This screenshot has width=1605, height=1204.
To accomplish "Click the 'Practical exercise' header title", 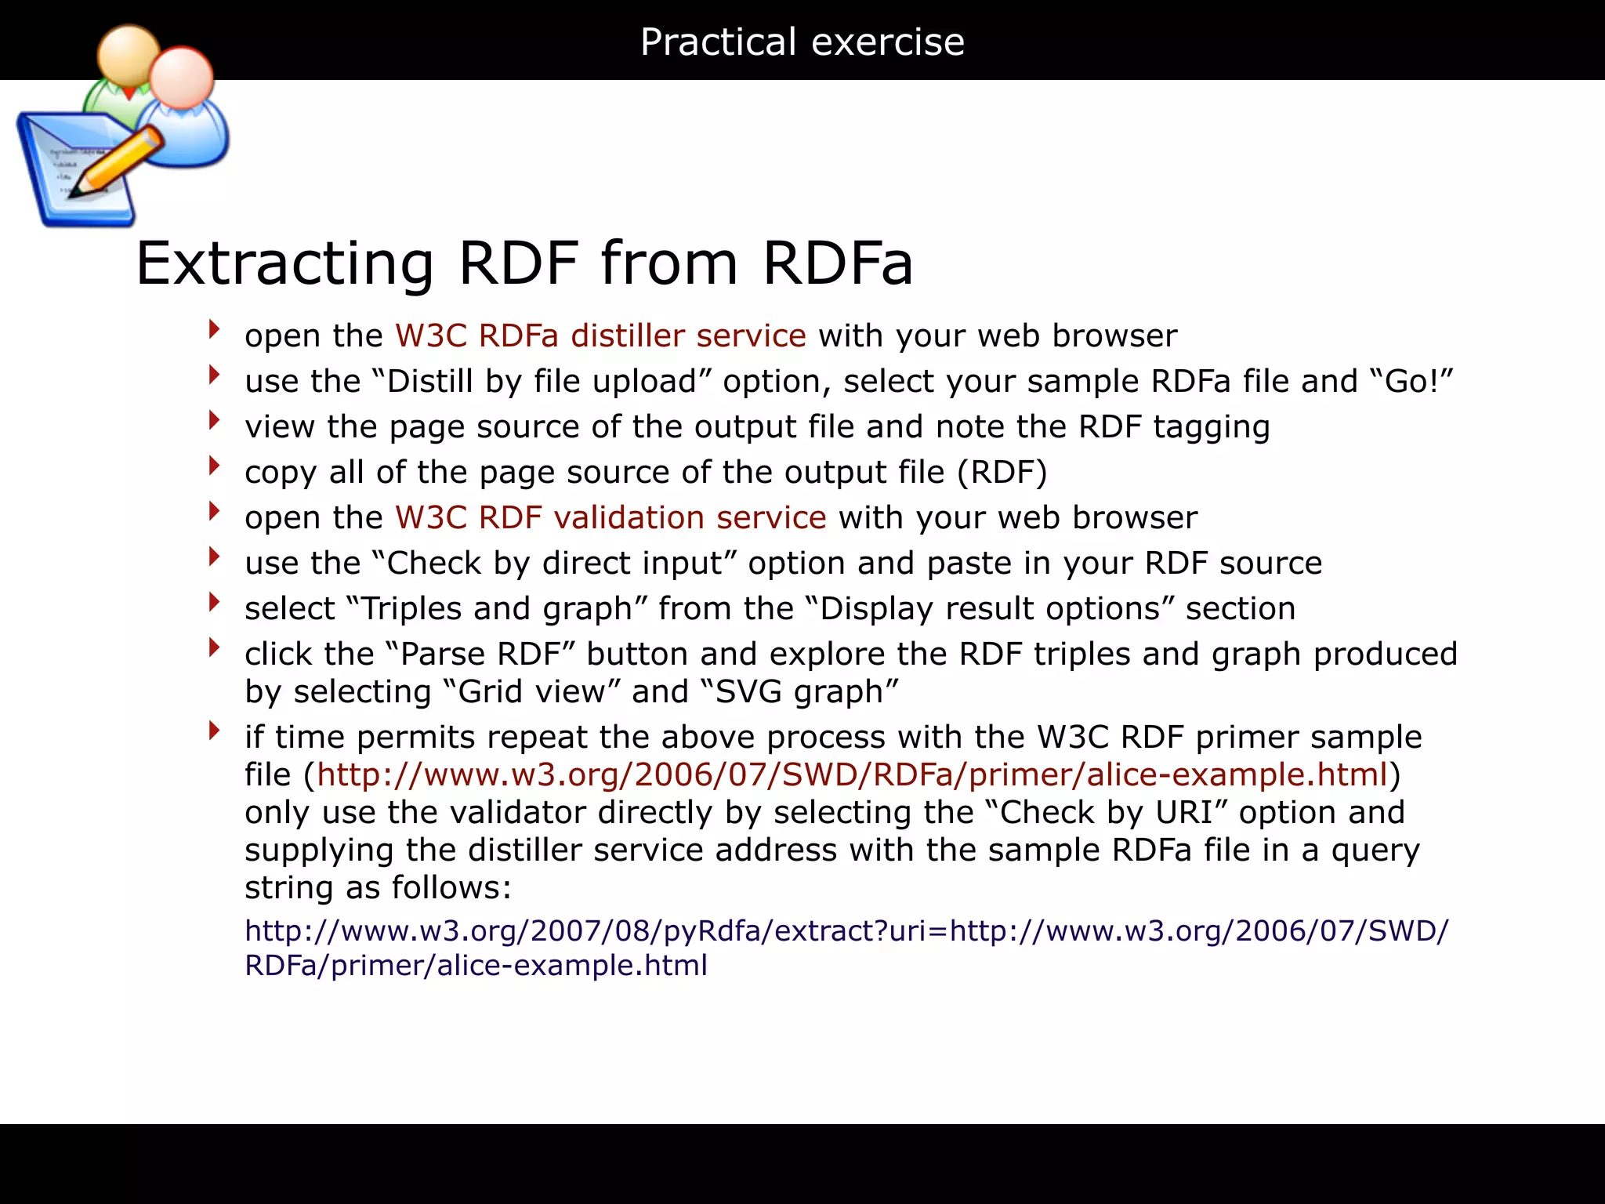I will [x=802, y=42].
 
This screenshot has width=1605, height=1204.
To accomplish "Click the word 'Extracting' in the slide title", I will [x=284, y=263].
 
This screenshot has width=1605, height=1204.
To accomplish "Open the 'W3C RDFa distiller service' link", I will [x=600, y=335].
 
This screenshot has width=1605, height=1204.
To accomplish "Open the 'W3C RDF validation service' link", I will [x=610, y=517].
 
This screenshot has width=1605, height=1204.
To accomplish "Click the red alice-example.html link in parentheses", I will [x=852, y=774].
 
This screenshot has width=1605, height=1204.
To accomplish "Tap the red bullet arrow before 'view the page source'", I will [x=214, y=421].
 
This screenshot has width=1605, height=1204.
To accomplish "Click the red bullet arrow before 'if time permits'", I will [x=214, y=731].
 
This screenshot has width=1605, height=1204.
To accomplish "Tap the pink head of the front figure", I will [x=181, y=78].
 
